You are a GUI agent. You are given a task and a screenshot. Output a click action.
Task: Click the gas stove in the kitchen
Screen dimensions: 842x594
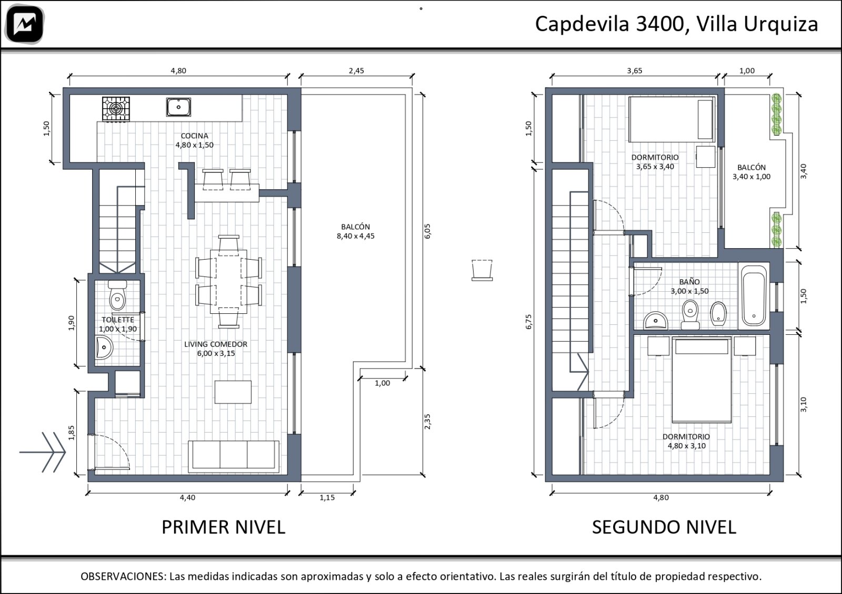click(x=116, y=109)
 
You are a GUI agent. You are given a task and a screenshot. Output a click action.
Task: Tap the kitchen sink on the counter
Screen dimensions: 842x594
click(x=178, y=107)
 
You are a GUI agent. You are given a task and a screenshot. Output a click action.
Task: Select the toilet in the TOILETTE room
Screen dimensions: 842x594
click(x=117, y=295)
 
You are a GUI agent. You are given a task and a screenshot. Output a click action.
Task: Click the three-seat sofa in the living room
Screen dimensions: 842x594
click(x=234, y=456)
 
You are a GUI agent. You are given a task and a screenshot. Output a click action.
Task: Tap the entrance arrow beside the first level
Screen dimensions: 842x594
click(x=43, y=452)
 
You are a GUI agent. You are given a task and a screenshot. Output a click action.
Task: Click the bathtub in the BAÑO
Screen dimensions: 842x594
click(x=754, y=295)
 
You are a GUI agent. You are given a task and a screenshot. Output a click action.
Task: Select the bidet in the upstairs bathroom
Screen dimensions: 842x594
click(x=718, y=313)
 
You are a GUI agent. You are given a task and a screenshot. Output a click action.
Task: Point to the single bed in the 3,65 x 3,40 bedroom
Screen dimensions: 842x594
click(x=672, y=119)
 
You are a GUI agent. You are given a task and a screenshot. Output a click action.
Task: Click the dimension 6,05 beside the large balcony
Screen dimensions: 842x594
click(x=427, y=231)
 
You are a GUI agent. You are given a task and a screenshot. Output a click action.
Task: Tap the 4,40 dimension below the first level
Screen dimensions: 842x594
click(x=187, y=497)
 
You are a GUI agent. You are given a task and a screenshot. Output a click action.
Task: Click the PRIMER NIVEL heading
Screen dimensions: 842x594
click(x=223, y=527)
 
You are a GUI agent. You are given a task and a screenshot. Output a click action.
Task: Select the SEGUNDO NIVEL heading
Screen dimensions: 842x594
click(x=664, y=527)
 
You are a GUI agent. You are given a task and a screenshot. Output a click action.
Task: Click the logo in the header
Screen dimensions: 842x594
click(x=25, y=24)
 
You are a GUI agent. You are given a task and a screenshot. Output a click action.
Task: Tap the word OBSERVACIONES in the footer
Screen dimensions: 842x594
click(x=123, y=576)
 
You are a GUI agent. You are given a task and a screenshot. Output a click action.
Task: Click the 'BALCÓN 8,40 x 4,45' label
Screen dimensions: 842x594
click(x=356, y=231)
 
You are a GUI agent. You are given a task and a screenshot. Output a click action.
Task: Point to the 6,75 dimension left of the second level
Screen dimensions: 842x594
click(x=529, y=322)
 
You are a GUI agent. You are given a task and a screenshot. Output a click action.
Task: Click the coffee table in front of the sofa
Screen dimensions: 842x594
click(x=233, y=392)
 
